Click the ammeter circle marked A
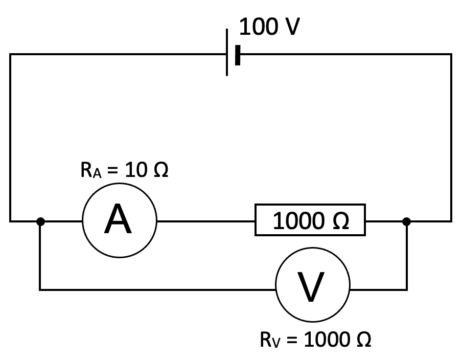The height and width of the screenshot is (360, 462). coord(120,221)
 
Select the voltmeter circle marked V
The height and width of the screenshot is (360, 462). coord(313,289)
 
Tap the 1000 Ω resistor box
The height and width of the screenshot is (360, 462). coord(311,221)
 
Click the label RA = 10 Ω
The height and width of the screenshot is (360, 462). coord(124,171)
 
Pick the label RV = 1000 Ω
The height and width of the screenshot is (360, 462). coord(315,340)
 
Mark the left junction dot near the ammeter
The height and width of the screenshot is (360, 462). coord(41,221)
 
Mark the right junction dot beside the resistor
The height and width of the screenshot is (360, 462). coord(406,221)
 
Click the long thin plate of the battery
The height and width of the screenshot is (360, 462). coord(227,54)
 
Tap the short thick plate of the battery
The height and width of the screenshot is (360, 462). coord(238,54)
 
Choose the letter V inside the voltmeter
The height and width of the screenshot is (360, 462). coord(312,289)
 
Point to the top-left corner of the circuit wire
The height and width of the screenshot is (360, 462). coord(10,54)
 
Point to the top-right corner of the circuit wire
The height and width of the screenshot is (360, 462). coord(451,54)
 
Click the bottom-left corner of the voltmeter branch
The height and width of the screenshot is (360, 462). coord(40,290)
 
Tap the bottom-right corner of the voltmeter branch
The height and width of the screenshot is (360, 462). coord(406,290)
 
